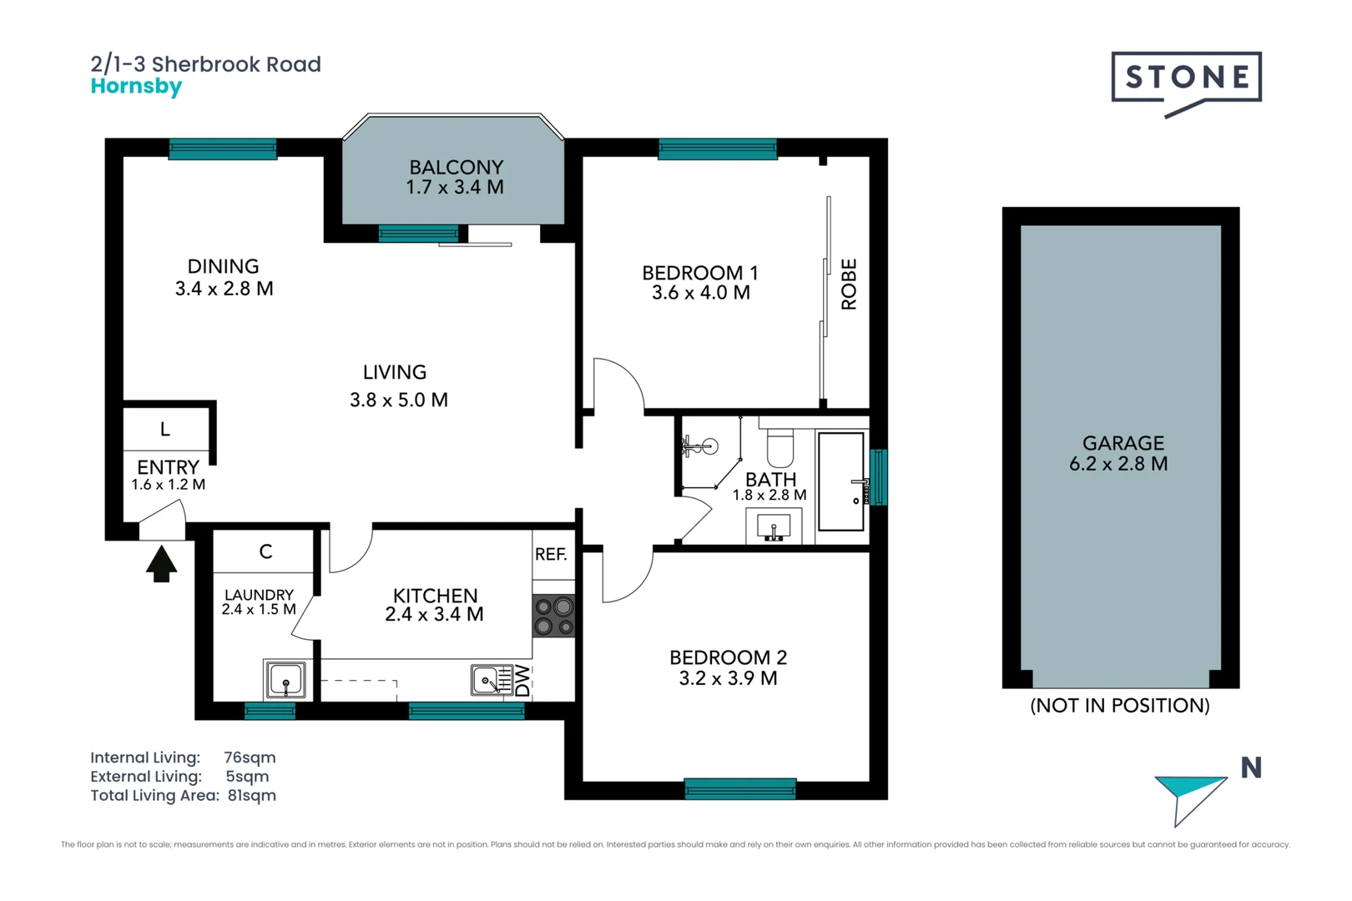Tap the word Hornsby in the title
click(136, 87)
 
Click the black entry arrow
click(161, 564)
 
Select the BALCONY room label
click(456, 168)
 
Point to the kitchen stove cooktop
click(553, 617)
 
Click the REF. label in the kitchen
click(551, 555)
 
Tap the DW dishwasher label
click(522, 680)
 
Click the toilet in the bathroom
click(780, 449)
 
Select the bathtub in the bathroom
click(840, 481)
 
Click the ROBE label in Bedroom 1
click(849, 284)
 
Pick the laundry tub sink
click(285, 679)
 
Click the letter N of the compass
click(1250, 768)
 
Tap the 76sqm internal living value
click(250, 758)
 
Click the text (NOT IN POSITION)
click(1119, 706)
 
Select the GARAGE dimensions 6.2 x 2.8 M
click(1118, 465)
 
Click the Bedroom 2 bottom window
click(739, 788)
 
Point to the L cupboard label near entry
click(165, 430)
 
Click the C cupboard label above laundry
click(265, 551)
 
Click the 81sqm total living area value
click(251, 796)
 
